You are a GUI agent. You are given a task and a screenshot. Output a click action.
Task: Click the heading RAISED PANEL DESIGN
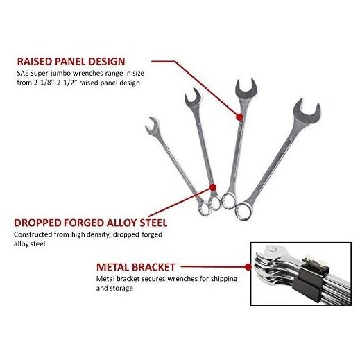point(71,62)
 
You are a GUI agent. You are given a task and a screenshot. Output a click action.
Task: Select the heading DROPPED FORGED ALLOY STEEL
point(91,223)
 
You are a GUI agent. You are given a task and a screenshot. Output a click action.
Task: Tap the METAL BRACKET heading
point(136,267)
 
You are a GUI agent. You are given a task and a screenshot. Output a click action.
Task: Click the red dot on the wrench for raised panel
point(239,117)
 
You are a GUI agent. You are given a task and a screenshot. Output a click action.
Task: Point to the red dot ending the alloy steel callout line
point(213,187)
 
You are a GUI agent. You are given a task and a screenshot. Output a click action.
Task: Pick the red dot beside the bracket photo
point(248,267)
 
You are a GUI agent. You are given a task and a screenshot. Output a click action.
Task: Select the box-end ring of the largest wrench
point(243,211)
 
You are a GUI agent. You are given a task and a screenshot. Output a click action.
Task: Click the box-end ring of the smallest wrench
point(205,209)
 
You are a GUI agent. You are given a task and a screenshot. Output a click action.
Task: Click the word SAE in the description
point(22,74)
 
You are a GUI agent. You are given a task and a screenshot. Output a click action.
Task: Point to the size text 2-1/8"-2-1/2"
point(55,83)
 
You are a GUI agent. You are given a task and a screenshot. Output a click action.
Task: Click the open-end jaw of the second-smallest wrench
point(193,98)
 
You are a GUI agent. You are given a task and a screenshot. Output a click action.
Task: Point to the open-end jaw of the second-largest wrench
point(247,89)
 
